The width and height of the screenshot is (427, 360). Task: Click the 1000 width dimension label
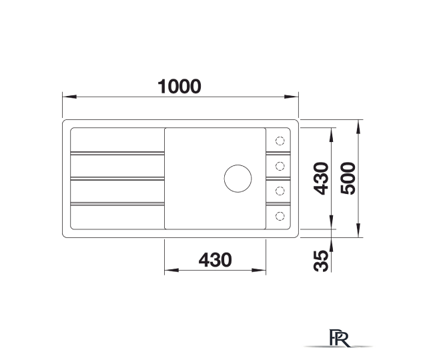coord(179,87)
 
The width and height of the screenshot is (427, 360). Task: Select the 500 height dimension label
coord(348,178)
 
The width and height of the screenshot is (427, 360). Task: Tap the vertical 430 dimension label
coord(321,179)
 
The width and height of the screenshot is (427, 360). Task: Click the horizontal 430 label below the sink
coord(215,260)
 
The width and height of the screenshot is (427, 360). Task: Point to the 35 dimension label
coord(321,261)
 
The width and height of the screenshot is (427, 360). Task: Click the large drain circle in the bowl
coord(238,179)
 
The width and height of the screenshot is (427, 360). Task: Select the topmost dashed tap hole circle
coord(280,141)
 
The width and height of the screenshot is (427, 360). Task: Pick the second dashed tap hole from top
coord(280,166)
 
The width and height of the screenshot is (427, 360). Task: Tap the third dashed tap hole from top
coord(280,191)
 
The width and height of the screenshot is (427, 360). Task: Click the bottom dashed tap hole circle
coord(280,216)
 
